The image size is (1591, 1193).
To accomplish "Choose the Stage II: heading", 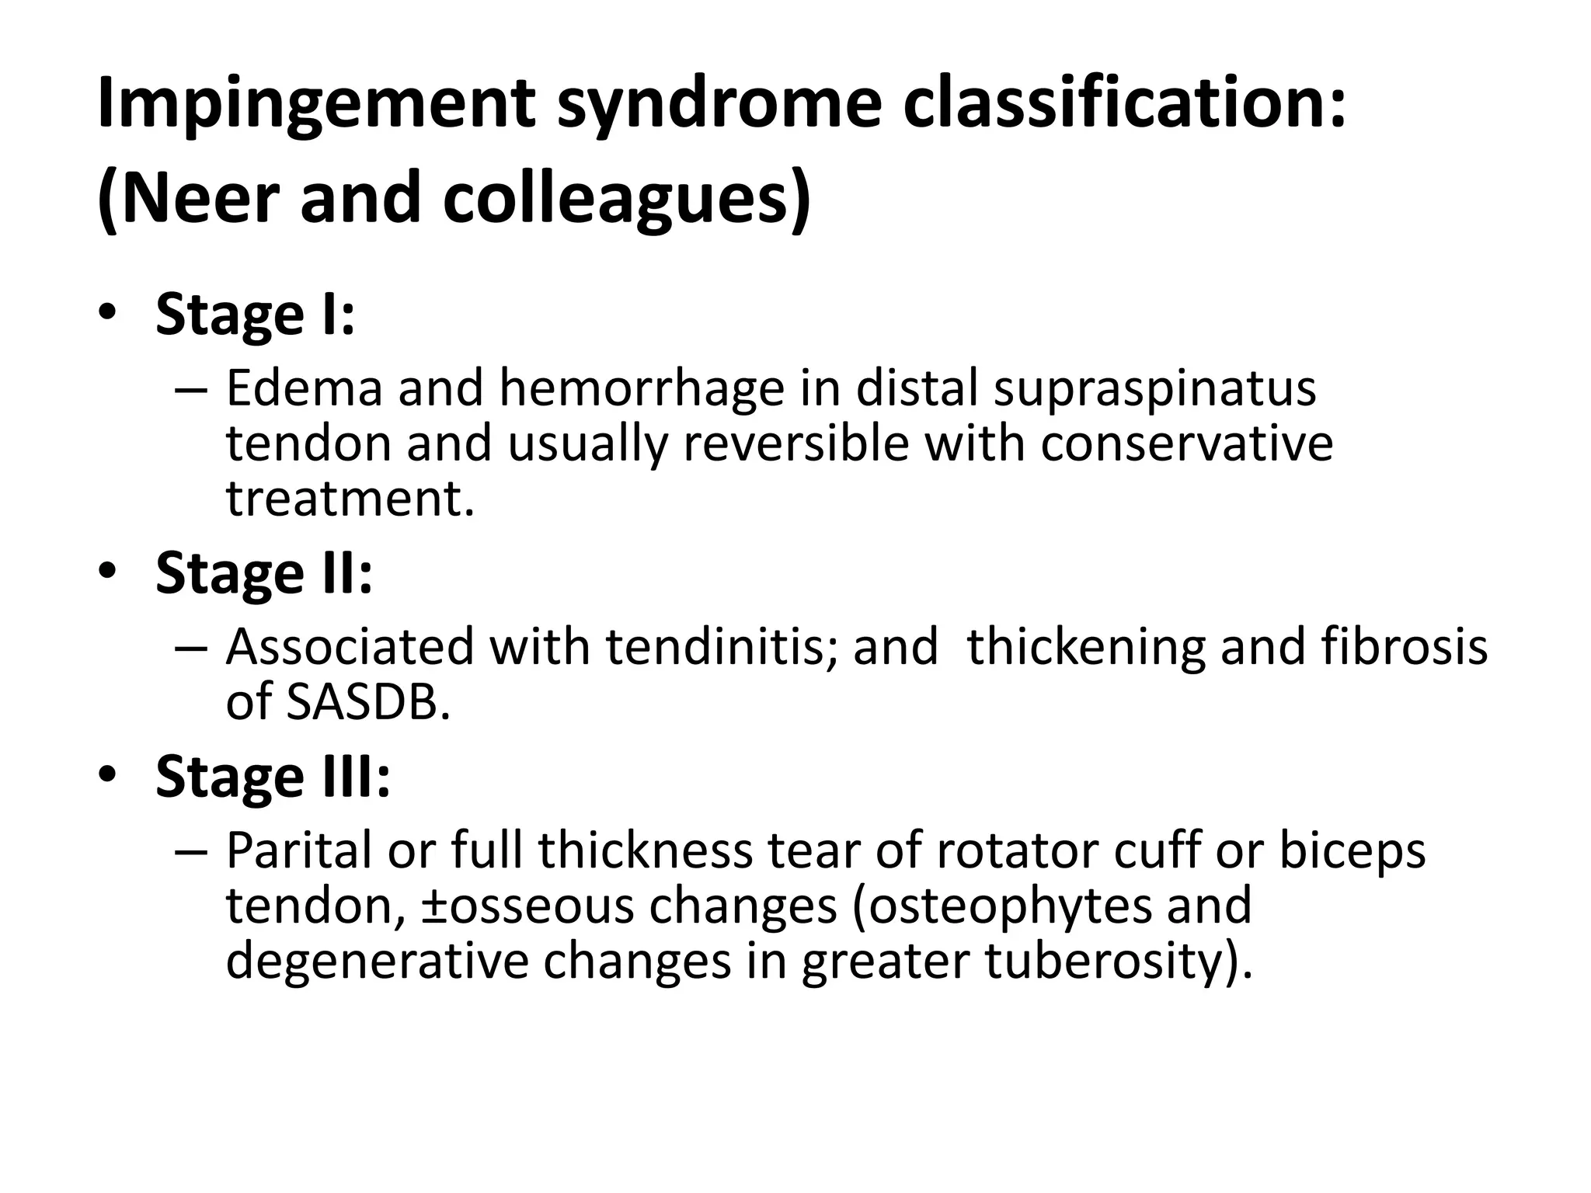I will (x=264, y=574).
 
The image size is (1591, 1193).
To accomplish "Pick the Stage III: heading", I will (x=273, y=777).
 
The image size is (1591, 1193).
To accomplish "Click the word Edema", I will (x=304, y=388).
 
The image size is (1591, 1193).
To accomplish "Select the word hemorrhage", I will (x=642, y=388).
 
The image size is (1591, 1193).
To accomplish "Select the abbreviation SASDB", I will (x=368, y=702).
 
